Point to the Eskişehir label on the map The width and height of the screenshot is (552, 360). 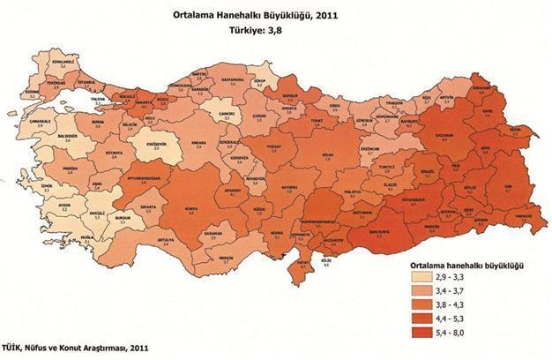(x=157, y=146)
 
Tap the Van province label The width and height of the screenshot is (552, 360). (x=505, y=187)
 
